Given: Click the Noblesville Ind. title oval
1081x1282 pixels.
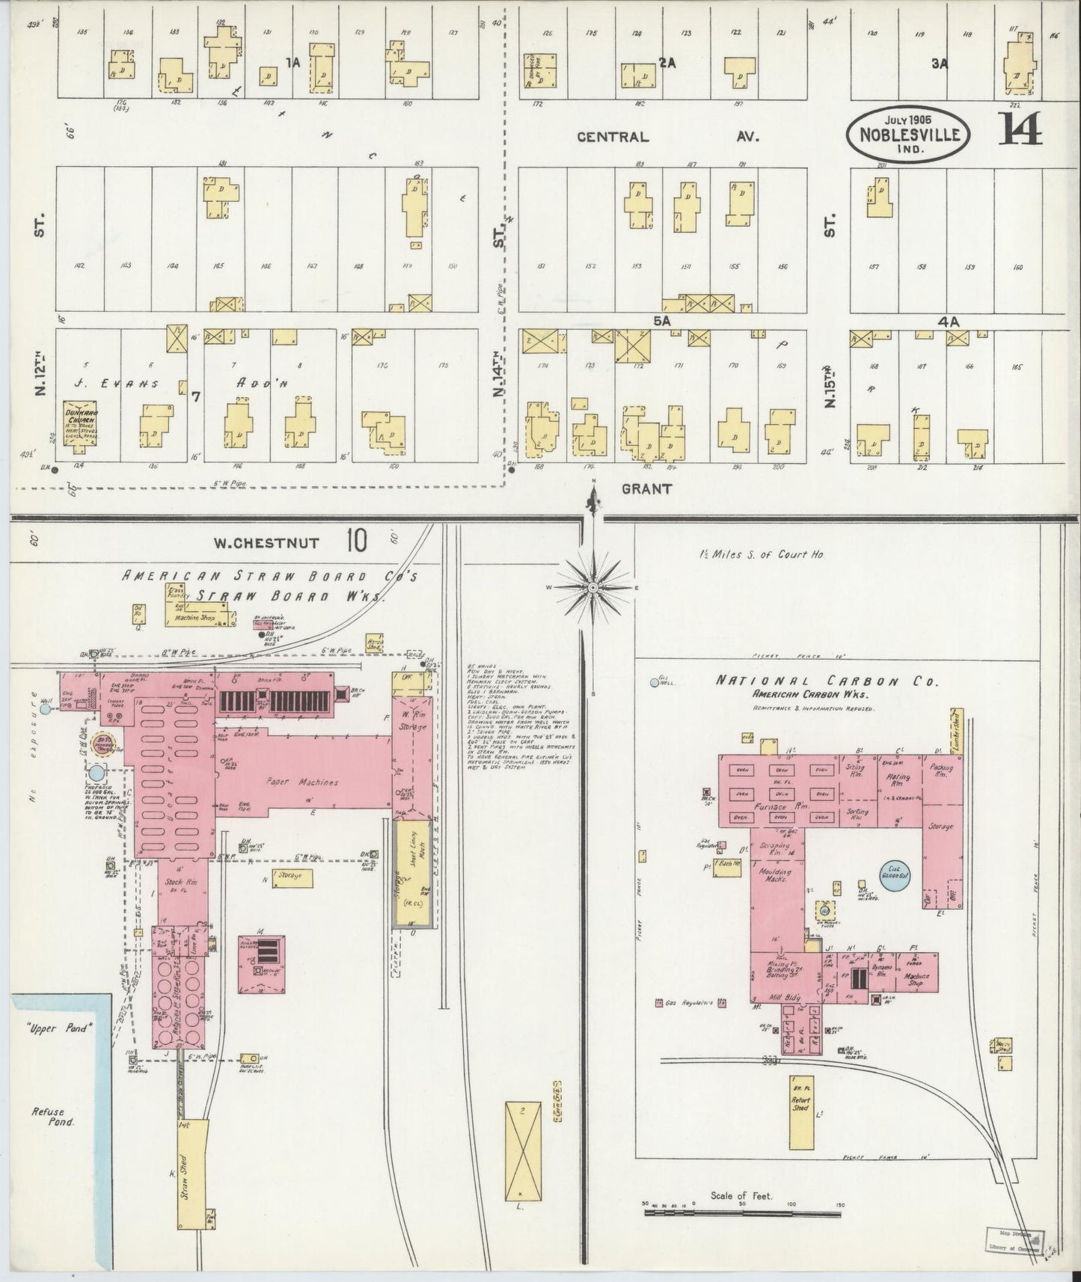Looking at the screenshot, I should (910, 133).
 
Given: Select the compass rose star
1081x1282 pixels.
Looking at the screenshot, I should (592, 588).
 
